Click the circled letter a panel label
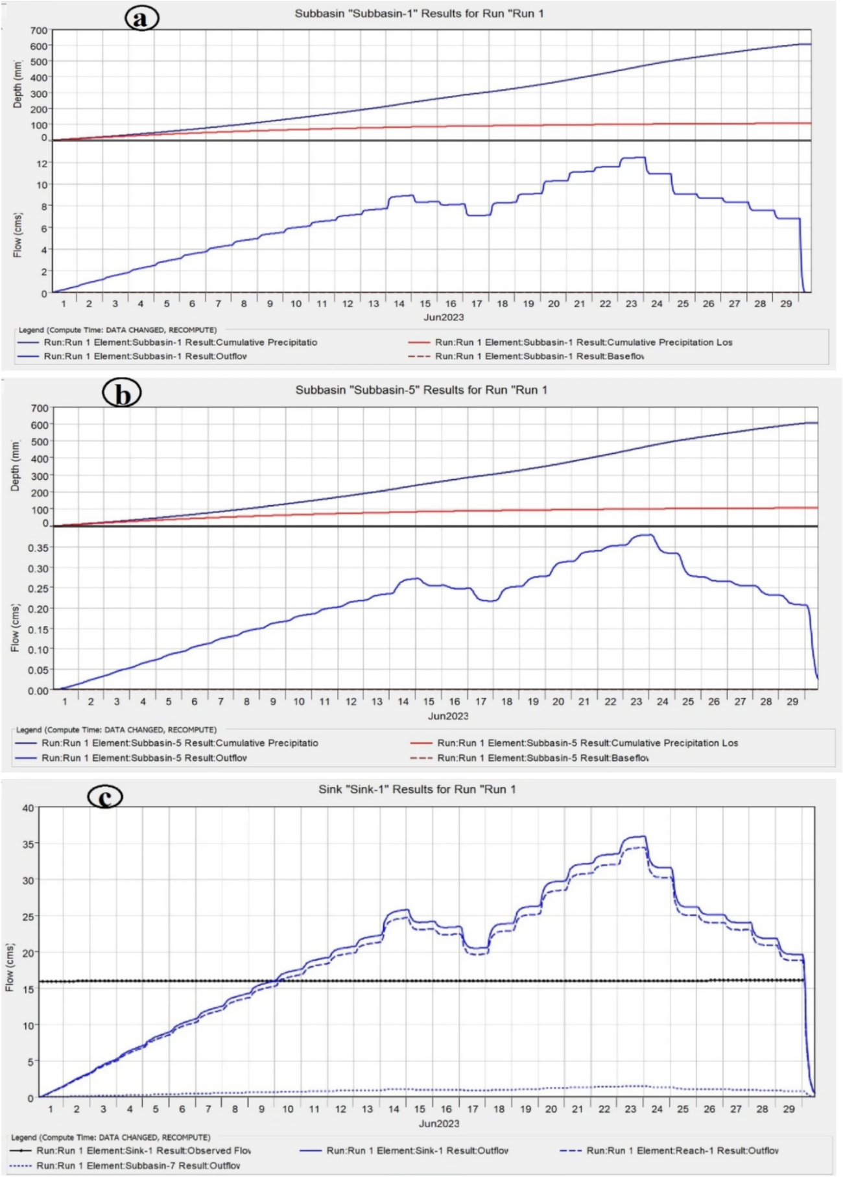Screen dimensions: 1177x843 (x=141, y=19)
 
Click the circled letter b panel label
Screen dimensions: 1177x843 (x=122, y=394)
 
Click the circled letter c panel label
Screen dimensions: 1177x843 (x=105, y=796)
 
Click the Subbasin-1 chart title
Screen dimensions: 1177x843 (x=419, y=13)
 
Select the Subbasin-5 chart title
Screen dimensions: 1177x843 (x=421, y=390)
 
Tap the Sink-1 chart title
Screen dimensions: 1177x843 (x=417, y=789)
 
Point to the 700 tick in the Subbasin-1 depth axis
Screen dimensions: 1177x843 (x=38, y=30)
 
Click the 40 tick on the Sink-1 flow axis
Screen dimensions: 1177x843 (x=27, y=808)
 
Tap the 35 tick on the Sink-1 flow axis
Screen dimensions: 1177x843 (x=27, y=844)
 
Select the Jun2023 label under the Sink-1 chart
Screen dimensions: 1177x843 (x=439, y=1123)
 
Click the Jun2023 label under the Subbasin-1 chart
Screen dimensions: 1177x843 (x=444, y=317)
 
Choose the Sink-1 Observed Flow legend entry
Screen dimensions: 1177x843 (x=143, y=1150)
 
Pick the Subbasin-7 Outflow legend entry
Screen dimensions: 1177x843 (x=138, y=1165)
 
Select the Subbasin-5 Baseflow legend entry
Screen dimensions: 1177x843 (x=543, y=757)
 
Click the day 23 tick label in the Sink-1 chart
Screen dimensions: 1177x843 (x=630, y=1109)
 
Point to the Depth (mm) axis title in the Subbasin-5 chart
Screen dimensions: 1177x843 (x=16, y=465)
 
